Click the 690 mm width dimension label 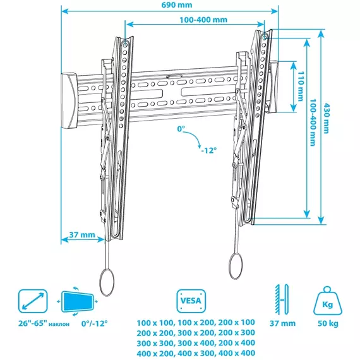177,5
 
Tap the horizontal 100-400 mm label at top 203,20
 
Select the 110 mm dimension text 301,86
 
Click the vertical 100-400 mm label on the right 313,123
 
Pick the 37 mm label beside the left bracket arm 82,235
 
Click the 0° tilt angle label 181,129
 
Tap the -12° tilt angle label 208,150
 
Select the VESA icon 191,301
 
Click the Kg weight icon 328,301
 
